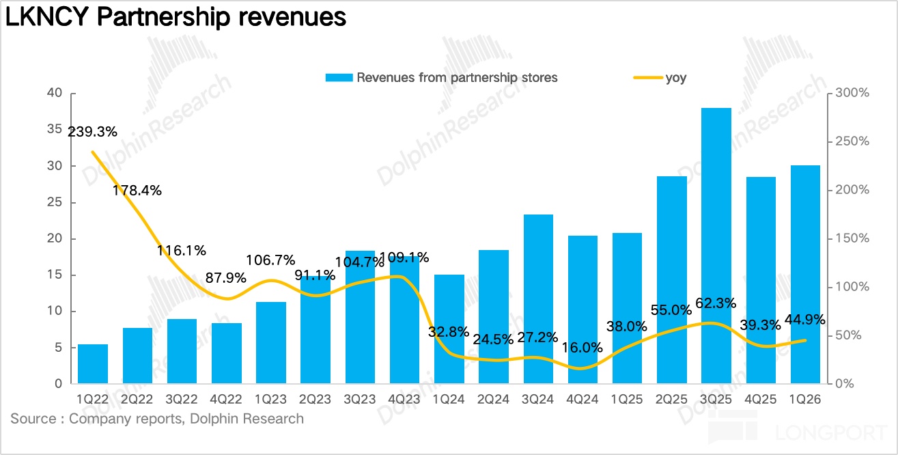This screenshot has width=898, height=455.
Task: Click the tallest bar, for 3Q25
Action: point(716,246)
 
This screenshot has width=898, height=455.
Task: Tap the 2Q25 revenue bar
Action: point(671,280)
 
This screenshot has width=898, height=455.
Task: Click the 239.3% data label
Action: point(93,131)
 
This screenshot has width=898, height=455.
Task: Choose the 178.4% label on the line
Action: point(137,191)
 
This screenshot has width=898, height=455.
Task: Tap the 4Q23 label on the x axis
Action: point(404,400)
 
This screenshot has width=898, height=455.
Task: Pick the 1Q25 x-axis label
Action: point(627,400)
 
